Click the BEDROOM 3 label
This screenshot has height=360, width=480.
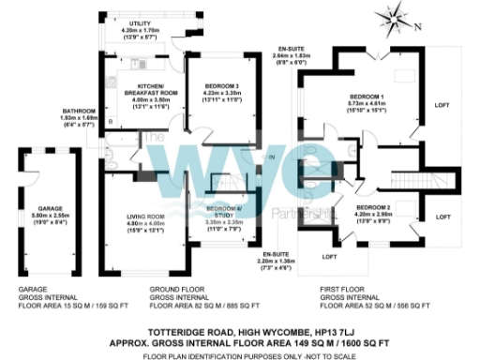point(222,86)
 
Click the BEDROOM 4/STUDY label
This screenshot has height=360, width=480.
point(223,209)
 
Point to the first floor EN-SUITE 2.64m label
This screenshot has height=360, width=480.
point(292,48)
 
